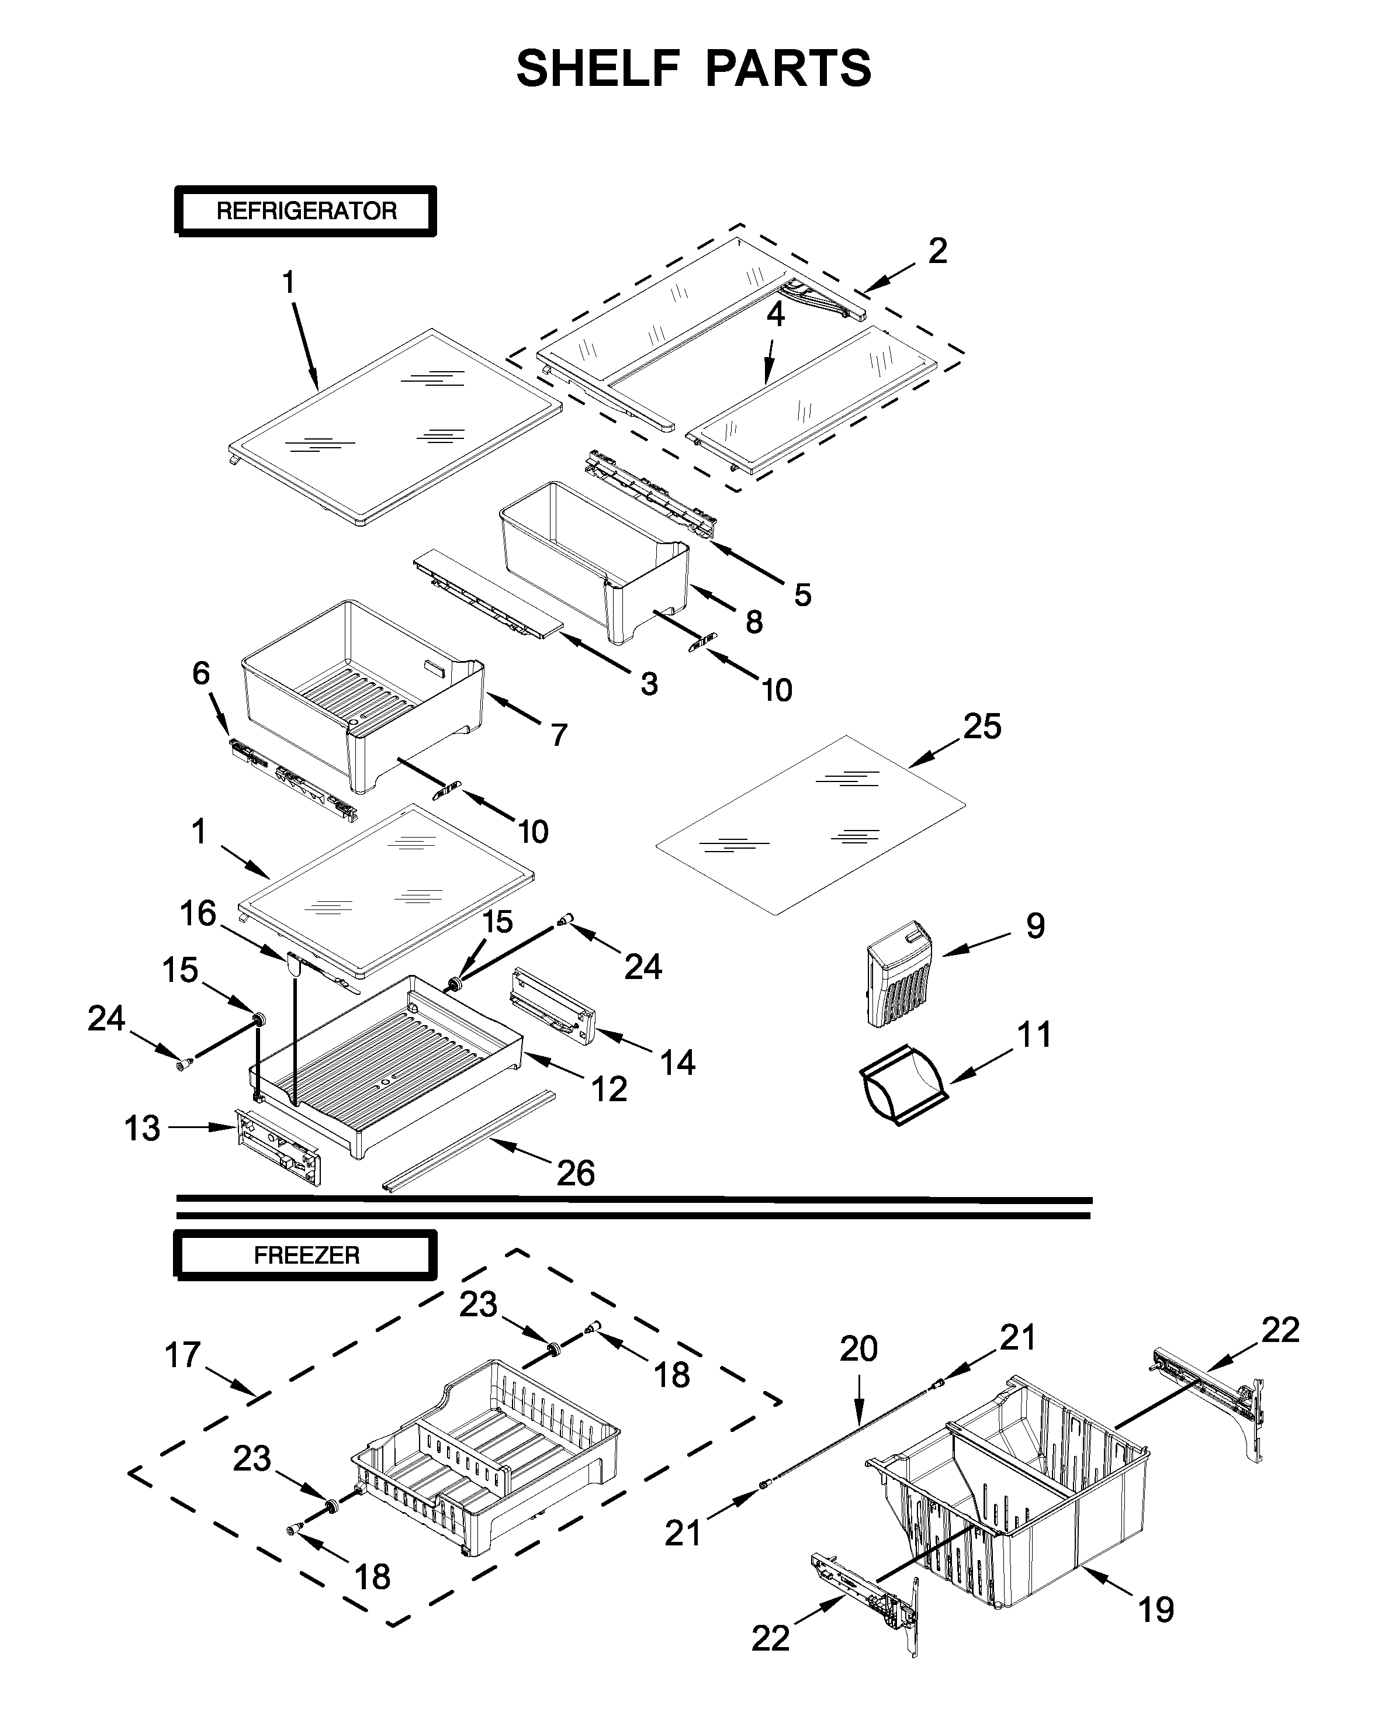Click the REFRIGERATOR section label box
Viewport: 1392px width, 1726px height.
click(x=306, y=211)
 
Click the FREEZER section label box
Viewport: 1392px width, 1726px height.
click(x=306, y=1255)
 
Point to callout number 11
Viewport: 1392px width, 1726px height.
click(x=1034, y=1035)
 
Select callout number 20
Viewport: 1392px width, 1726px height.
click(x=858, y=1349)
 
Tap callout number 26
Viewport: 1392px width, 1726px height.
click(x=576, y=1174)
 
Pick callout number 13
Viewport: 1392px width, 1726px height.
click(x=142, y=1129)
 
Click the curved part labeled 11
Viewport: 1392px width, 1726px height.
click(x=902, y=1085)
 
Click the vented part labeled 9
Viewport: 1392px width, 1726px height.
click(x=898, y=974)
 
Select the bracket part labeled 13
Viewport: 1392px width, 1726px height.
click(x=279, y=1147)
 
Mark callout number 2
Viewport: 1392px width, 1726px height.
click(x=937, y=251)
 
